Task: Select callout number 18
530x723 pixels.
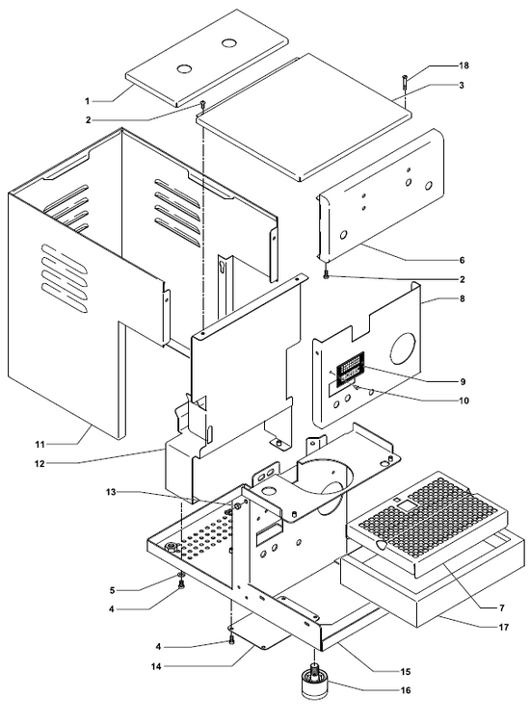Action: (464, 65)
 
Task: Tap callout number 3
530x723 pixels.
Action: (464, 86)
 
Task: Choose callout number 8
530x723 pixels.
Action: (464, 300)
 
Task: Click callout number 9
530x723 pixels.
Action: (464, 381)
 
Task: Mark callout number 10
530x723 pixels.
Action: (464, 401)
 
